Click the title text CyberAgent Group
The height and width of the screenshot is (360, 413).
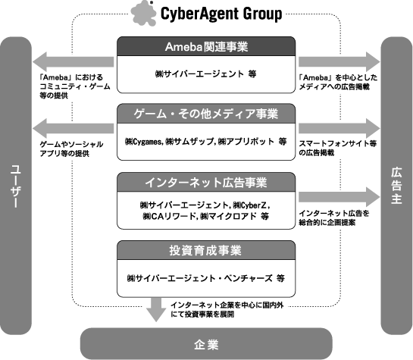pyautogui.click(x=221, y=14)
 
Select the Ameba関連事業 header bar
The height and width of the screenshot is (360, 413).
pyautogui.click(x=206, y=46)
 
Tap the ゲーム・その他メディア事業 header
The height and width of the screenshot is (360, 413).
pyautogui.click(x=206, y=114)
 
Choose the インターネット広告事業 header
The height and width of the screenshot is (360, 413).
pyautogui.click(x=206, y=182)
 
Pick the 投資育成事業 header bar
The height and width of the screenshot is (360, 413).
pyautogui.click(x=206, y=250)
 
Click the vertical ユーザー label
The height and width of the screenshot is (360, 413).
pyautogui.click(x=16, y=186)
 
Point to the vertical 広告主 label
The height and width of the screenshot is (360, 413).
pyautogui.click(x=396, y=186)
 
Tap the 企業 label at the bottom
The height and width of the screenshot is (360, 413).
pyautogui.click(x=206, y=344)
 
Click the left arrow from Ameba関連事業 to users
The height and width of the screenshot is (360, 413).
pyautogui.click(x=73, y=62)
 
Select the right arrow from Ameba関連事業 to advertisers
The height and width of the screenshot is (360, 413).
pyautogui.click(x=339, y=62)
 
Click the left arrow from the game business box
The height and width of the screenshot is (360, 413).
pyautogui.click(x=73, y=129)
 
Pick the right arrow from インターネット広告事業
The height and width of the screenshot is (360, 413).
pyautogui.click(x=339, y=197)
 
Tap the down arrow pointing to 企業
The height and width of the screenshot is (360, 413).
pyautogui.click(x=156, y=310)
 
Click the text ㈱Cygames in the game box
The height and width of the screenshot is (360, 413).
pyautogui.click(x=144, y=142)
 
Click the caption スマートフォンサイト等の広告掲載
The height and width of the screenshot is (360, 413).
pyautogui.click(x=338, y=148)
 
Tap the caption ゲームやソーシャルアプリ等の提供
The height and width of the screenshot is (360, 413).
pyautogui.click(x=71, y=149)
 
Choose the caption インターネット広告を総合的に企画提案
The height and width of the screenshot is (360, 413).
pyautogui.click(x=334, y=218)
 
